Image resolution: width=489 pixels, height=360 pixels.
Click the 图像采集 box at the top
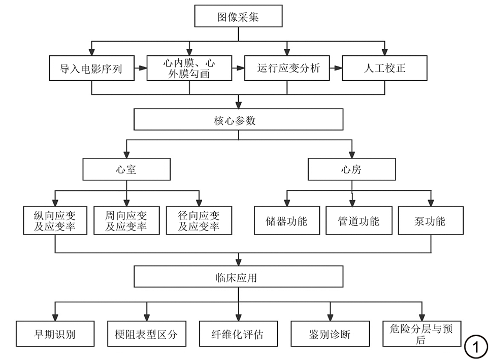coord(238,17)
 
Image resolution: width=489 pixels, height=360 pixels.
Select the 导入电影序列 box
coord(91,68)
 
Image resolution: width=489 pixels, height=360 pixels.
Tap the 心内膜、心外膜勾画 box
coord(189,68)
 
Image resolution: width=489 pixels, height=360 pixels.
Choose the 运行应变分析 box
coord(287,68)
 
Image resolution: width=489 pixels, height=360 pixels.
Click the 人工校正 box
coord(385,68)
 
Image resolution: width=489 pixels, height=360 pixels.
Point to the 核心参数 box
coord(238,121)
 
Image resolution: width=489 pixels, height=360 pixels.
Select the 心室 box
coord(126,170)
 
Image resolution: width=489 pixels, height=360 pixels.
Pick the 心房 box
coord(351,170)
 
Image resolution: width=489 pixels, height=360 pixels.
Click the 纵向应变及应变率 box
coord(55,220)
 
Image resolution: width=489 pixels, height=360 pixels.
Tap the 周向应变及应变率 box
coord(126,220)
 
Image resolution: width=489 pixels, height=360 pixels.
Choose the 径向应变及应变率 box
coord(199,220)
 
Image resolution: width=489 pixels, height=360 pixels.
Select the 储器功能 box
coord(287,220)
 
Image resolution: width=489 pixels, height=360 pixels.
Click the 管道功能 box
coord(358,220)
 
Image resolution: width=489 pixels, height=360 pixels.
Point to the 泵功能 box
coord(431,220)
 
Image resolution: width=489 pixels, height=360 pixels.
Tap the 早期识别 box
coord(55,334)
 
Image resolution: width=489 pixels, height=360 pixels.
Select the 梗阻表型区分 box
coord(147,334)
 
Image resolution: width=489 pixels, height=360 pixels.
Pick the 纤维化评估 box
coord(238,334)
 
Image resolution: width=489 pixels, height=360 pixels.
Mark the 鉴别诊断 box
coord(330,334)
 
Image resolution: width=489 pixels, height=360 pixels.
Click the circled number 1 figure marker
coord(475,347)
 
